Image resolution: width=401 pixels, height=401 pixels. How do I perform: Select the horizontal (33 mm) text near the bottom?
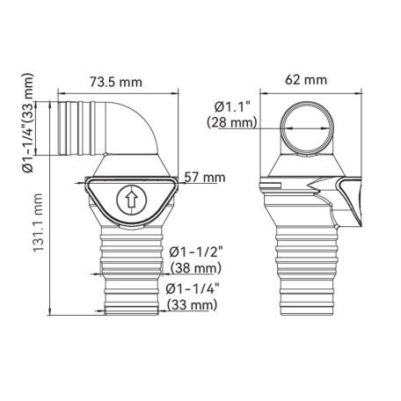192,305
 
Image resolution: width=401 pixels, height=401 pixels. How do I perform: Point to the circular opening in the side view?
307,127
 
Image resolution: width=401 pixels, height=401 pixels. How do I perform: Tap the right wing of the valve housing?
170,195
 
